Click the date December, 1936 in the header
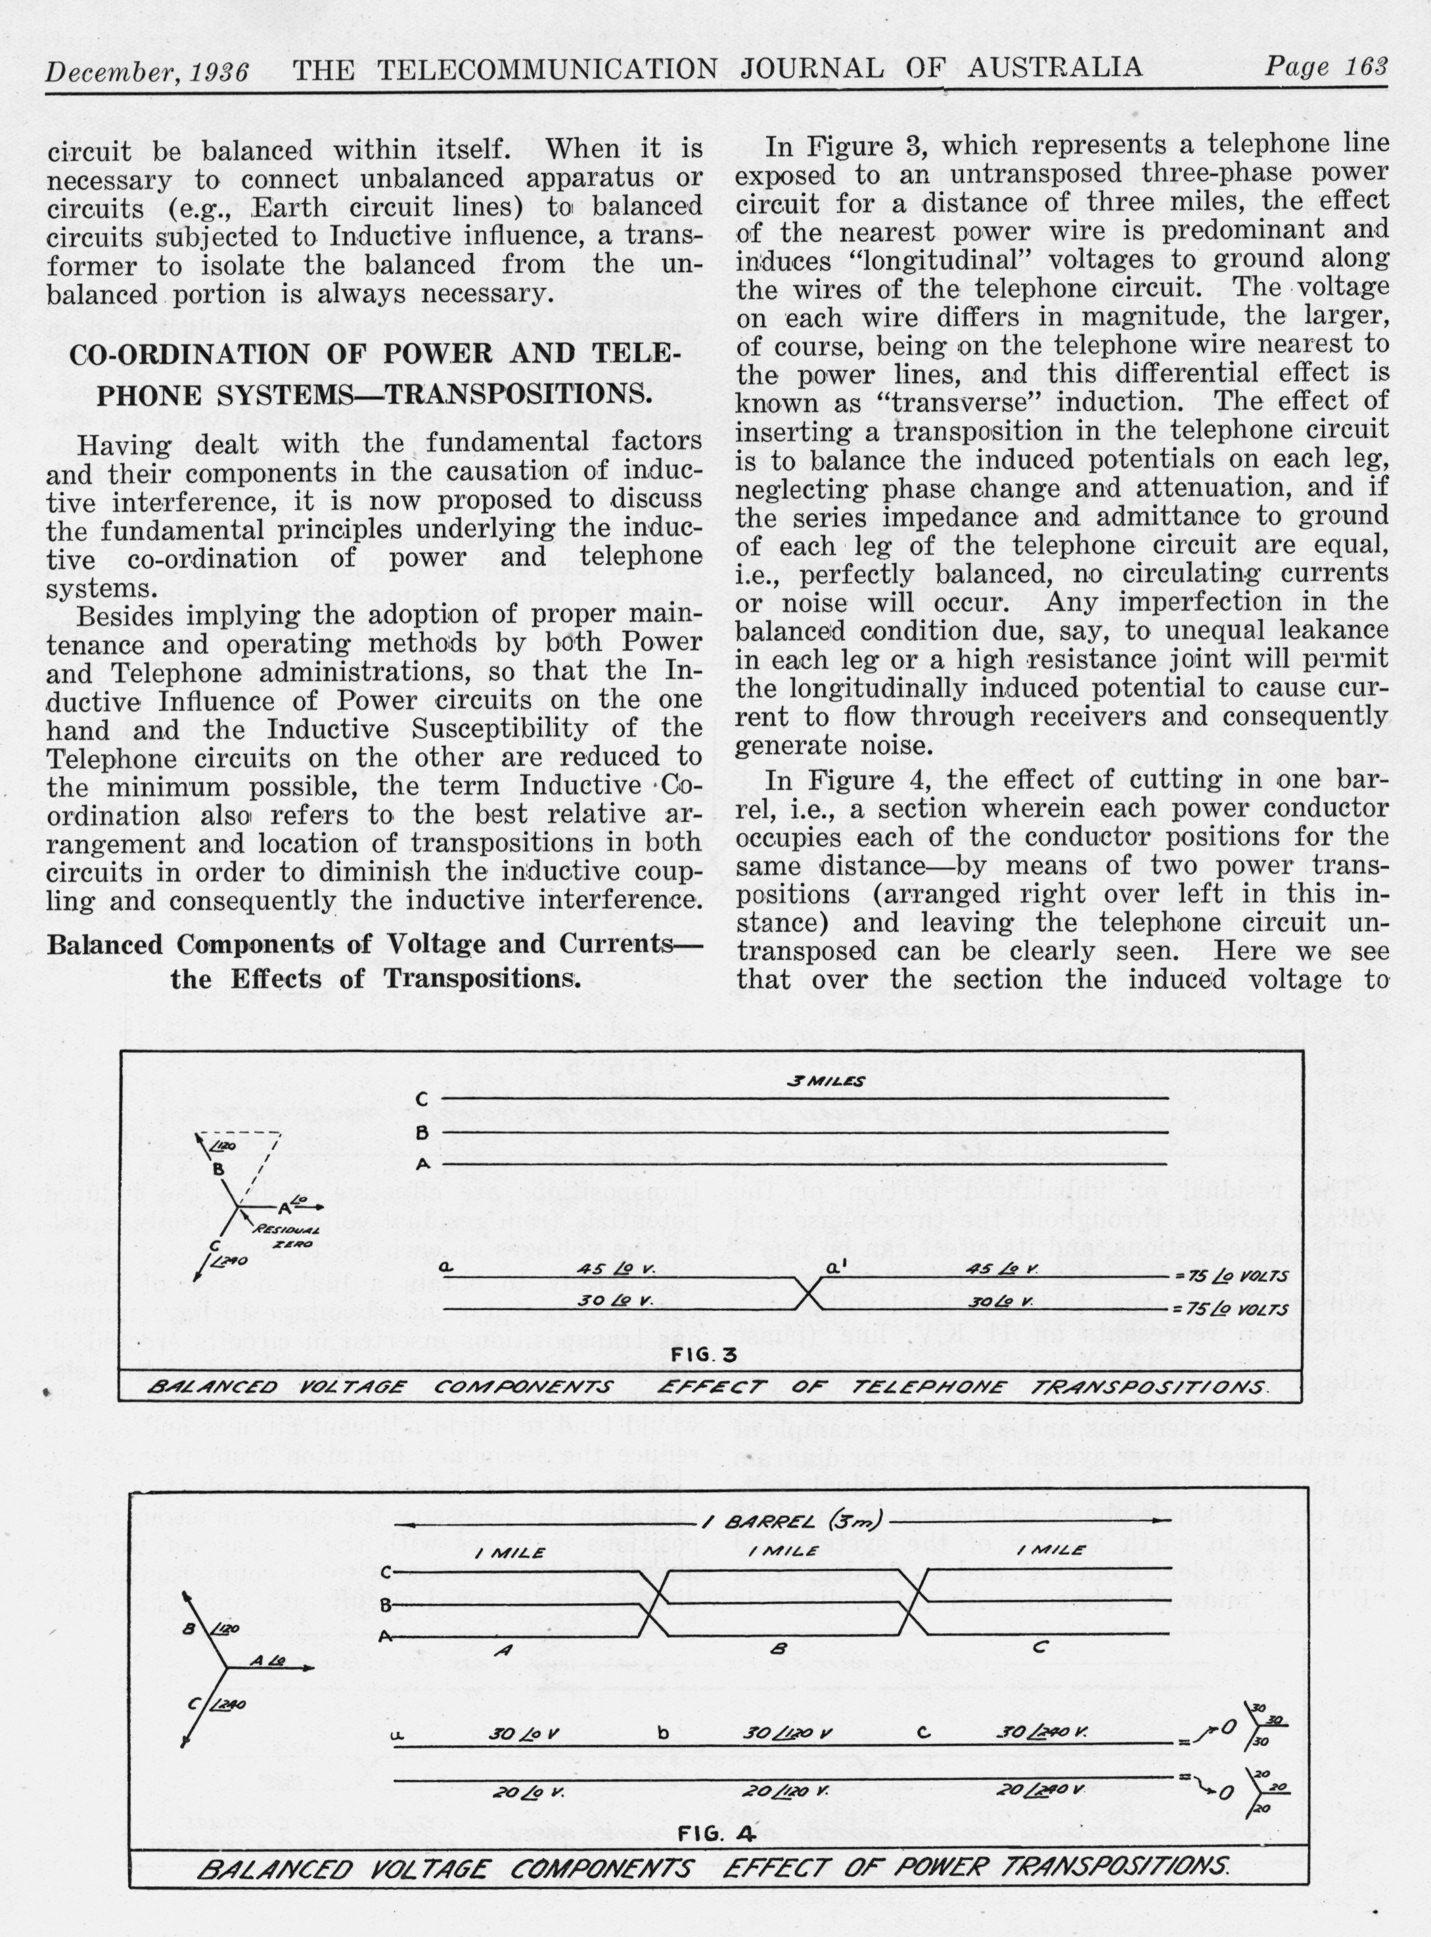pyautogui.click(x=147, y=71)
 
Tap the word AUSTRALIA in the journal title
pyautogui.click(x=1054, y=68)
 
